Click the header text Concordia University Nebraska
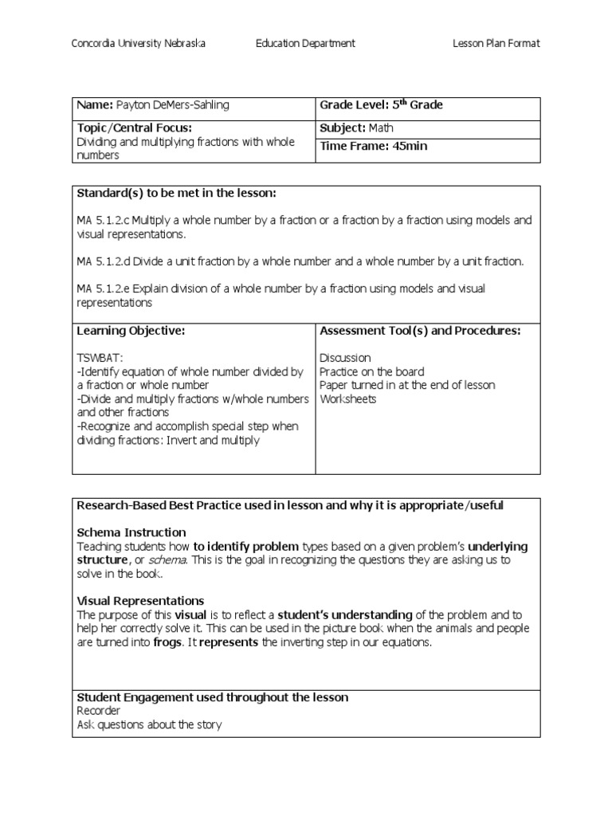pos(139,44)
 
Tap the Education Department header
pos(305,44)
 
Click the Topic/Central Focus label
pos(134,127)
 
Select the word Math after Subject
pos(381,127)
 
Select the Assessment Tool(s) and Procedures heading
pos(420,331)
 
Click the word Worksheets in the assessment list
pos(348,398)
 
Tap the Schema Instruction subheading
pos(131,532)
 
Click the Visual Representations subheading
pos(140,601)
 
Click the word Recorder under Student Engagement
pos(99,711)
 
